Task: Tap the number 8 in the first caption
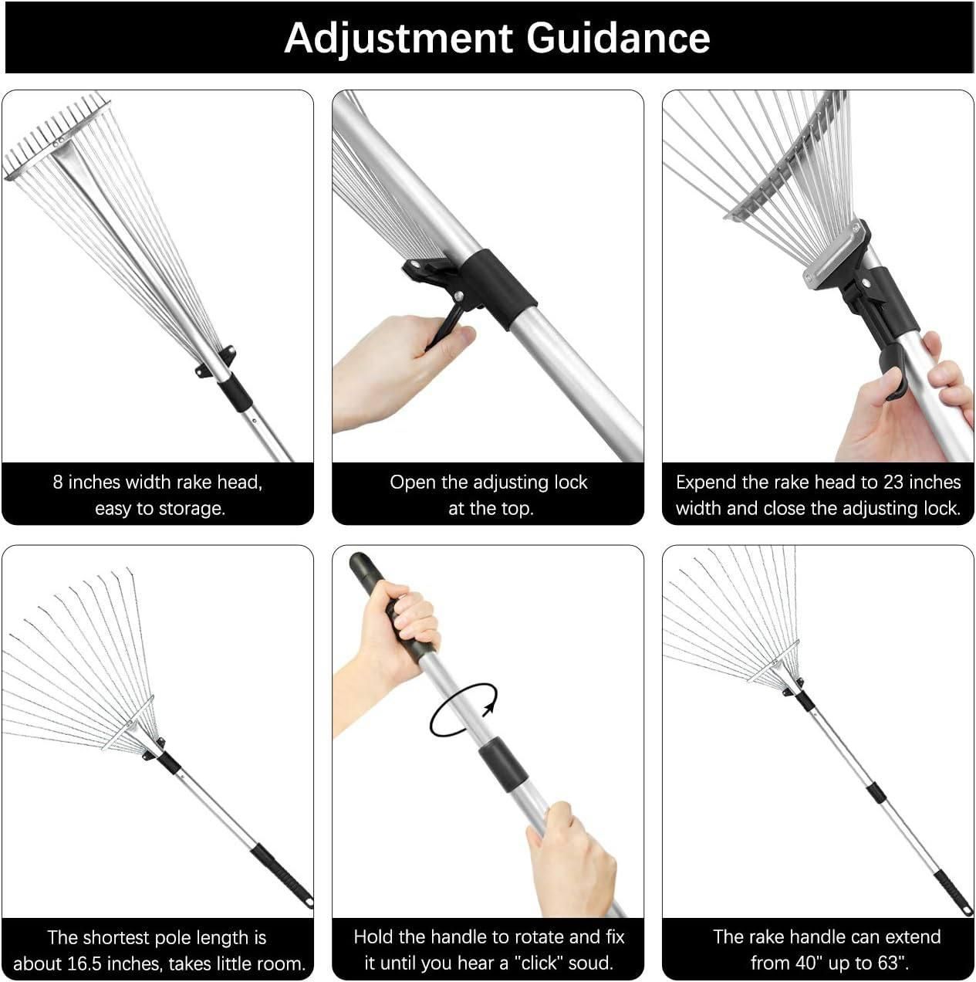58,483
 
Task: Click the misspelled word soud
592,963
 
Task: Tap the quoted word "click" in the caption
540,963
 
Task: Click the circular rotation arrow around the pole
463,709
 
